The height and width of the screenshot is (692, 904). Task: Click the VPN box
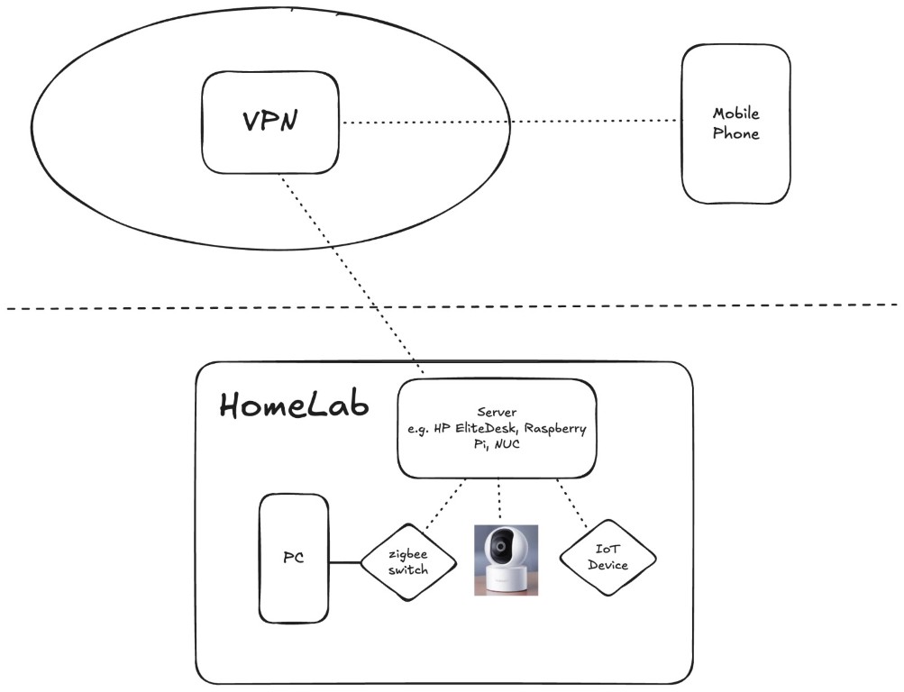click(270, 122)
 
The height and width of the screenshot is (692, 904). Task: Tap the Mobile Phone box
click(735, 123)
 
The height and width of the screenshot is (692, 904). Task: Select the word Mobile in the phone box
click(736, 114)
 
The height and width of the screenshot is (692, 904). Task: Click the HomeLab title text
click(295, 405)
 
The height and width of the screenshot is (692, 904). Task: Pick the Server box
click(498, 428)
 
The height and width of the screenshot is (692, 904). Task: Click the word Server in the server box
click(497, 412)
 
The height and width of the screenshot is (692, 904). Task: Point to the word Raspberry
click(555, 429)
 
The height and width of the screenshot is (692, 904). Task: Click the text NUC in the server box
click(519, 446)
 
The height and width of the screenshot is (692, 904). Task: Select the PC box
click(294, 560)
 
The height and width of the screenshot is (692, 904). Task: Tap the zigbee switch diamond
click(409, 563)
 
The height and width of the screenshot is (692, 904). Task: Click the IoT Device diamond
click(607, 558)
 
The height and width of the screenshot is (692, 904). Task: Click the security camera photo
click(506, 560)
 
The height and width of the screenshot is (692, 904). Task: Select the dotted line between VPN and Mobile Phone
click(509, 122)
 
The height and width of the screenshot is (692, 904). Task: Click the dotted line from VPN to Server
click(352, 270)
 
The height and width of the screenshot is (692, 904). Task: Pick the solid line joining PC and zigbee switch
click(344, 563)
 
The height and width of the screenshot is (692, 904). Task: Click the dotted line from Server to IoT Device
click(572, 504)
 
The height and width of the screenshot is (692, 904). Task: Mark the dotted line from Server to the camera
click(499, 501)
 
